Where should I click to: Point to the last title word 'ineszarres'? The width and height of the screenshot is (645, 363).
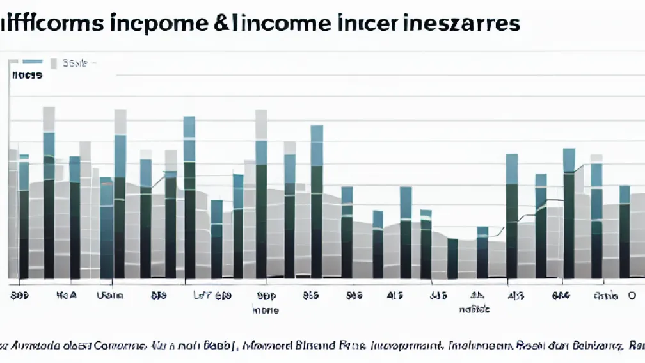(461, 24)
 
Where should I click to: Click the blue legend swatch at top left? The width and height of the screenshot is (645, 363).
(33, 63)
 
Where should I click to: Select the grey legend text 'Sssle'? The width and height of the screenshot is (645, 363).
(76, 63)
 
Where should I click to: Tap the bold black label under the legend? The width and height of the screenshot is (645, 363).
(27, 76)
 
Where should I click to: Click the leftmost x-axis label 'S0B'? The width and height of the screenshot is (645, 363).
(21, 296)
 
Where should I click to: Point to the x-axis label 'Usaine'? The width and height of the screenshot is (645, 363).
(110, 296)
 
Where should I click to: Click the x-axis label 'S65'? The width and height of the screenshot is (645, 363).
(310, 296)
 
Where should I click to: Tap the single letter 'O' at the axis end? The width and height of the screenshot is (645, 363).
(632, 296)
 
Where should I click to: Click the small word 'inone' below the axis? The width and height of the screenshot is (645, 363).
(265, 311)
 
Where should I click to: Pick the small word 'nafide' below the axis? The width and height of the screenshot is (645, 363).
(474, 309)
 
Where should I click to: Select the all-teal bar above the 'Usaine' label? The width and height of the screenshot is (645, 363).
(106, 227)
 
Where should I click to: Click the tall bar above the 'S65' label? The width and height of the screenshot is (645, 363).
(317, 202)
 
